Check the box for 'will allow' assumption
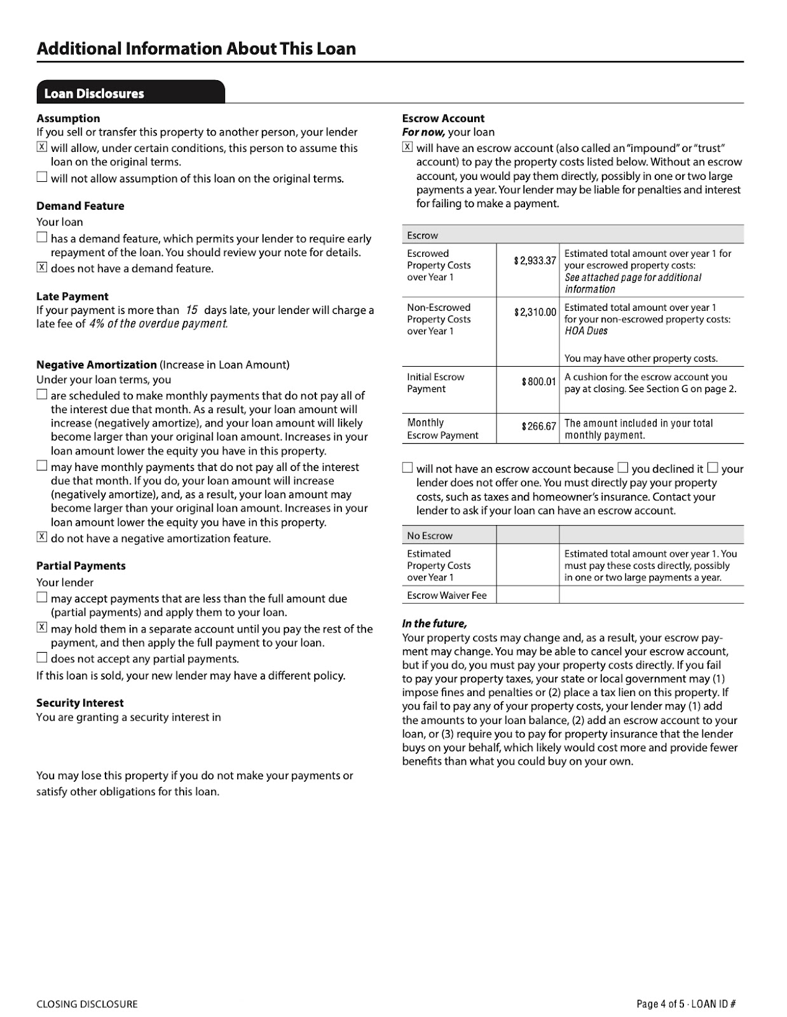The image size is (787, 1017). click(42, 147)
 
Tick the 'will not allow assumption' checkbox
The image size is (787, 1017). click(42, 177)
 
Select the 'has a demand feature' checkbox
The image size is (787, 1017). click(42, 238)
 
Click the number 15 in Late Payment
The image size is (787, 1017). click(191, 310)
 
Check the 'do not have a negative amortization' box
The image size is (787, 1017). click(42, 537)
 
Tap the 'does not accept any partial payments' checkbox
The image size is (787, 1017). click(42, 658)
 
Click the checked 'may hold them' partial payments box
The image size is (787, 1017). click(42, 628)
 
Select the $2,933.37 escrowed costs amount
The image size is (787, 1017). click(535, 261)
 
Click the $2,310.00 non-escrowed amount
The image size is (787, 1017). click(535, 313)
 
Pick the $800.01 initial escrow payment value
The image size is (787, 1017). click(538, 382)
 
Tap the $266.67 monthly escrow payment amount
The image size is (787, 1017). click(538, 427)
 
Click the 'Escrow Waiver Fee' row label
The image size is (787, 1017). click(447, 596)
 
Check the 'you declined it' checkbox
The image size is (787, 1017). click(623, 468)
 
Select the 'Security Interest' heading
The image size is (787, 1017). click(80, 703)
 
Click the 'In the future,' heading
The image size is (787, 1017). click(434, 624)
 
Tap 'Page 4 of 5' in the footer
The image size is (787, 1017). click(660, 1004)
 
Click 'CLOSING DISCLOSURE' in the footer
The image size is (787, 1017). click(87, 1004)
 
